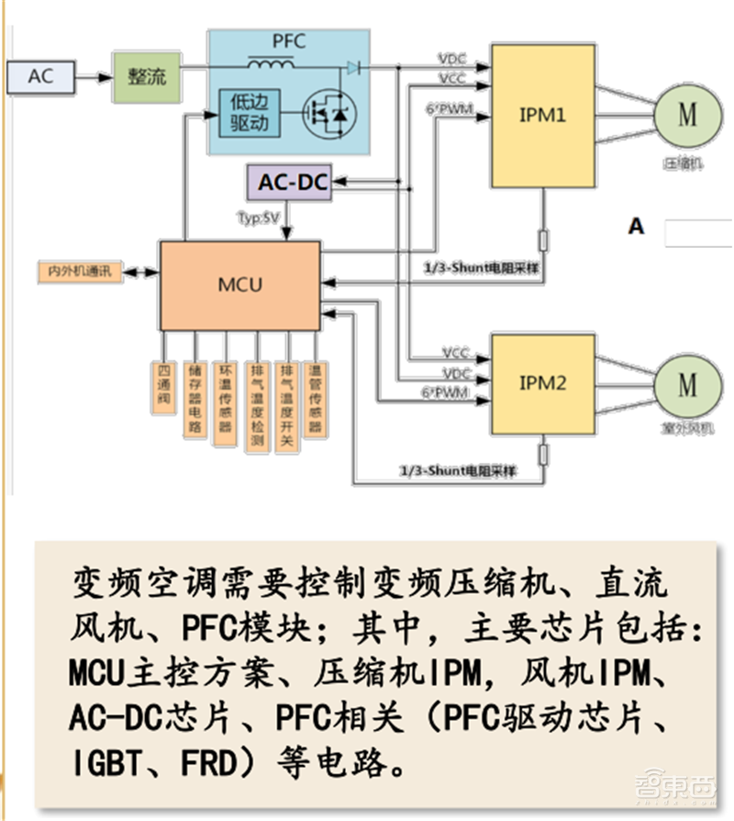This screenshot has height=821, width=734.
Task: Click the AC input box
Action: [x=41, y=77]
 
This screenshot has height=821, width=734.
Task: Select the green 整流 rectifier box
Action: [x=147, y=77]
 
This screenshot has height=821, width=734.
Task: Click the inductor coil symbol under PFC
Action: [x=271, y=66]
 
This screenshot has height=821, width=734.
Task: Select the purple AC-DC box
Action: [x=292, y=182]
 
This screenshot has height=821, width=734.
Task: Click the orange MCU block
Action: [x=240, y=286]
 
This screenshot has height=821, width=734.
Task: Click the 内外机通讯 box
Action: [x=80, y=273]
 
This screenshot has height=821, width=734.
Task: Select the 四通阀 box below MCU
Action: [x=164, y=386]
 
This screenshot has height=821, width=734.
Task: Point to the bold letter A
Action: [x=636, y=225]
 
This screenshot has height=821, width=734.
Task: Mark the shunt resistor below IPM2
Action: [x=543, y=455]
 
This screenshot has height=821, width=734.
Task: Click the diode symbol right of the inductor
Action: [x=352, y=67]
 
